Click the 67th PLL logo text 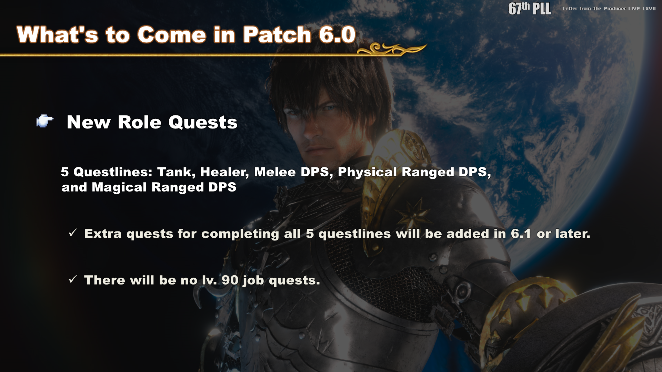point(530,8)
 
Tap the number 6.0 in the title point(337,34)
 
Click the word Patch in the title point(277,34)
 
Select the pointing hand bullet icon point(45,121)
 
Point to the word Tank point(176,172)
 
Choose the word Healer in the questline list point(224,172)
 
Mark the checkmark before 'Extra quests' point(73,233)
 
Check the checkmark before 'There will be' point(73,279)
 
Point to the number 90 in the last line point(230,280)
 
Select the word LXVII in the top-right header point(649,9)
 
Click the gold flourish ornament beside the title point(392,49)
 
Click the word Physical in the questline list point(367,172)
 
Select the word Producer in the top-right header point(615,9)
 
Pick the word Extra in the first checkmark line point(103,234)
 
